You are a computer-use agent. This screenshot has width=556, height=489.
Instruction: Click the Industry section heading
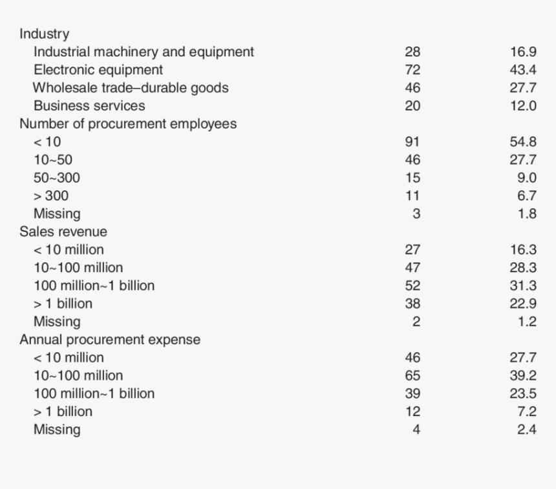click(x=44, y=34)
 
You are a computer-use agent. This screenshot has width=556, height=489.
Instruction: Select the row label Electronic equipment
click(x=98, y=70)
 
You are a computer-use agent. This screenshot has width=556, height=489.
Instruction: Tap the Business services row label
click(x=89, y=105)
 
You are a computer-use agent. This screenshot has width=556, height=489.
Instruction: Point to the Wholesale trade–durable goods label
click(x=131, y=88)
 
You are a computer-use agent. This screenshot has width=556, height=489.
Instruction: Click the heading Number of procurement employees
click(x=128, y=123)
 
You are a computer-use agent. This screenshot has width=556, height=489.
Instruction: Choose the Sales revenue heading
click(x=63, y=231)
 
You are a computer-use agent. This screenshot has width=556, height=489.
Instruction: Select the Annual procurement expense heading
click(x=110, y=339)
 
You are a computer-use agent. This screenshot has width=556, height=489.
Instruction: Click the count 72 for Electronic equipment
click(x=412, y=70)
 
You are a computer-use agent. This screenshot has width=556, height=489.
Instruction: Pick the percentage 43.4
click(x=523, y=70)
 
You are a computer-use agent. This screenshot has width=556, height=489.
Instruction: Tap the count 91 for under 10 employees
click(x=412, y=141)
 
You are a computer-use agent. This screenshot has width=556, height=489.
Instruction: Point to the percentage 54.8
click(x=523, y=141)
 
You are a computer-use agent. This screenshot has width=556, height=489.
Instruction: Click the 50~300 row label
click(x=57, y=178)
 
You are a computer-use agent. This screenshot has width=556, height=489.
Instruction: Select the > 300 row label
click(x=51, y=196)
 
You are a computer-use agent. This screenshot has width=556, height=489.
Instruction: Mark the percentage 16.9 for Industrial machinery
click(x=523, y=52)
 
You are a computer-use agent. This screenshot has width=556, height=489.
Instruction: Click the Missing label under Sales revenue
click(x=57, y=322)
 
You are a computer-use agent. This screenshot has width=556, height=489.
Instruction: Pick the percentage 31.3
click(x=523, y=286)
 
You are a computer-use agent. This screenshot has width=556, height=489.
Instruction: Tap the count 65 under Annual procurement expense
click(x=412, y=375)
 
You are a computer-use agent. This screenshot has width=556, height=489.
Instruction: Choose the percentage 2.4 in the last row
click(x=526, y=430)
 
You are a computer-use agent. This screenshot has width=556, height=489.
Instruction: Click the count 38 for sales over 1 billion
click(x=412, y=304)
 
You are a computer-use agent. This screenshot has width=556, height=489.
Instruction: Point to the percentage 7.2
click(x=526, y=411)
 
